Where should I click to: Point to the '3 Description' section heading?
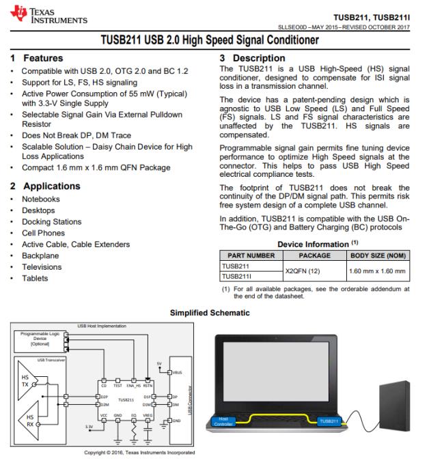[x=252, y=59]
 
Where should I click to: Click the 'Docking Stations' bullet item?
[x=51, y=222]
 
